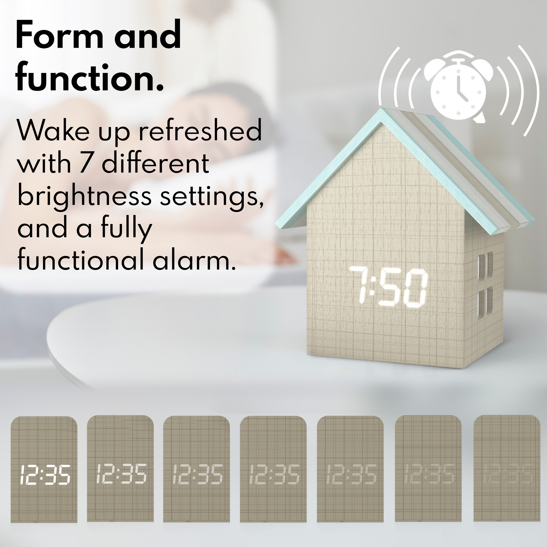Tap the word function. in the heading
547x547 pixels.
click(x=90, y=76)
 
